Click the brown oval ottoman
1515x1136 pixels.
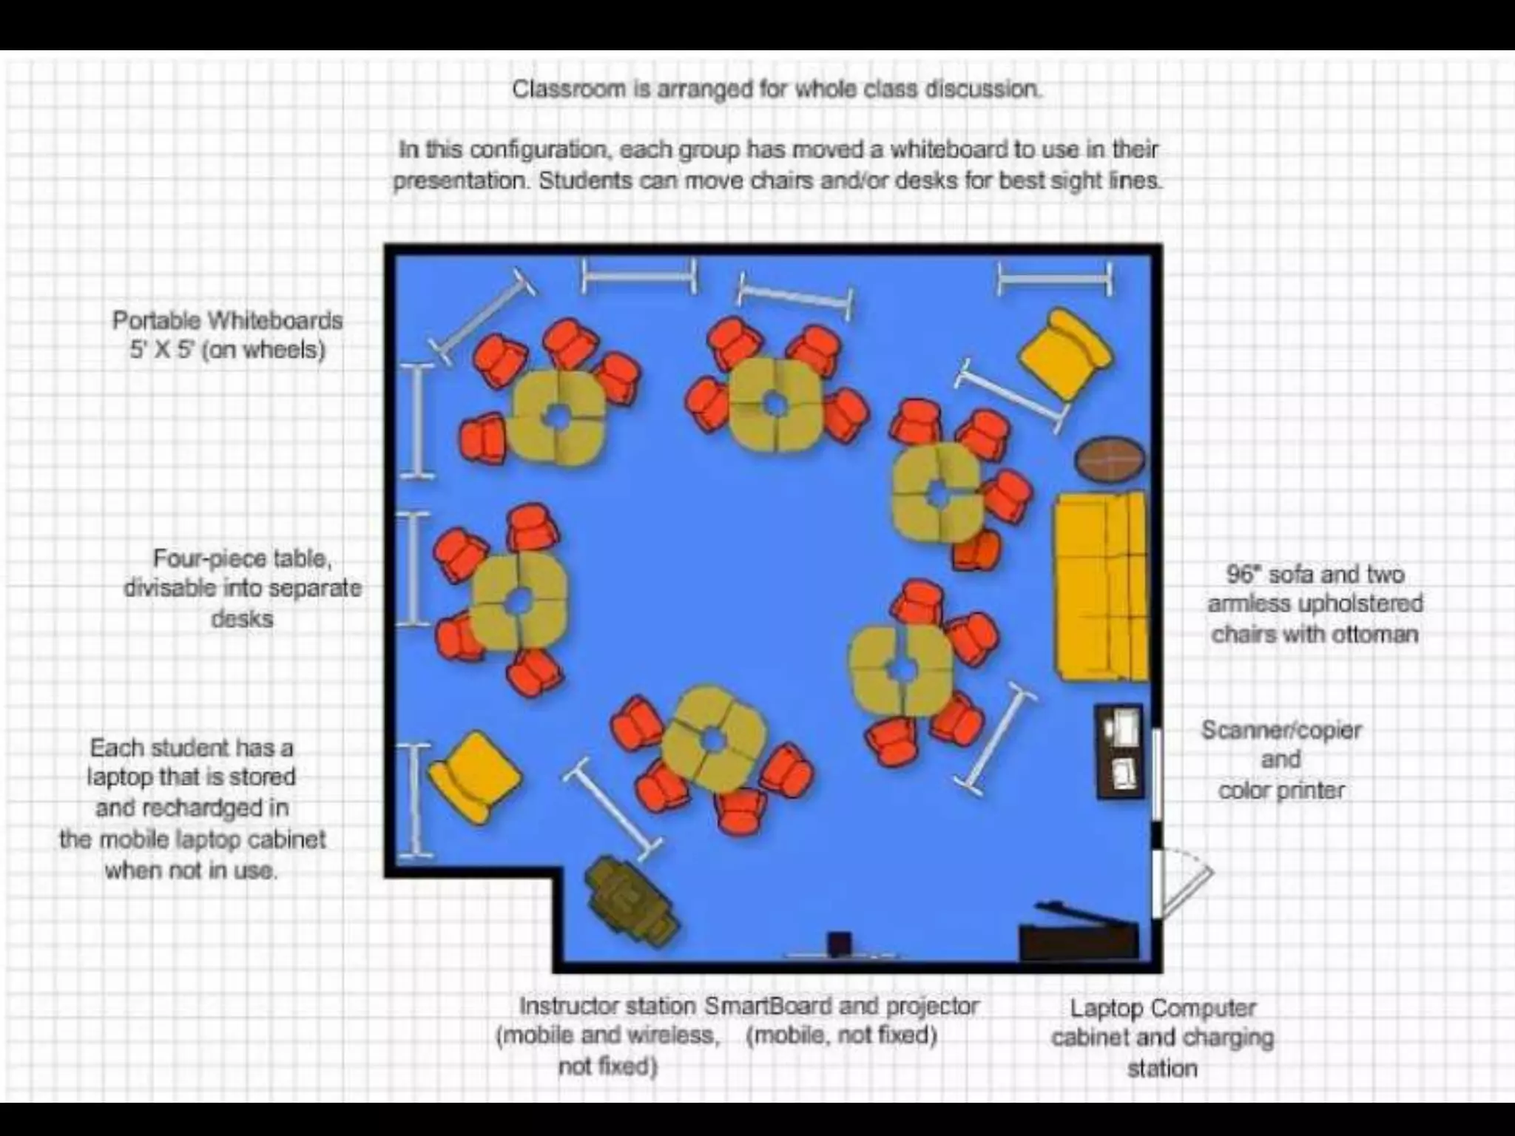pyautogui.click(x=1110, y=459)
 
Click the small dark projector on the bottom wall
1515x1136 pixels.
pyautogui.click(x=839, y=944)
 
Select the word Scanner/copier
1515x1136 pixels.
pyautogui.click(x=1281, y=730)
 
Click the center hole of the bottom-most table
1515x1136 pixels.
pyautogui.click(x=712, y=739)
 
